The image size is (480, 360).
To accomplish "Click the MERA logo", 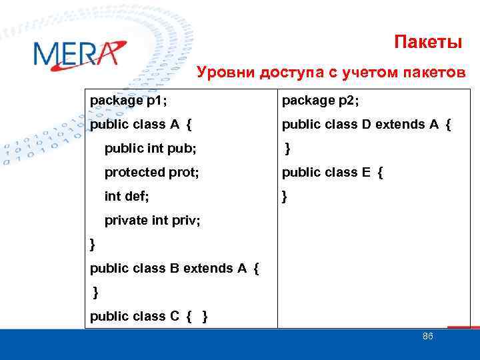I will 77,55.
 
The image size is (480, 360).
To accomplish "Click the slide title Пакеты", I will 427,43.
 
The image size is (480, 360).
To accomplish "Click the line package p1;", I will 129,101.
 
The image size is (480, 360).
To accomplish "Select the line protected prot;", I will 152,172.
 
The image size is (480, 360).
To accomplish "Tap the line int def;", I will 127,196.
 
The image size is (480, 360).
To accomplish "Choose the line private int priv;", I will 152,220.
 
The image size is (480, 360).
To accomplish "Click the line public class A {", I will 141,125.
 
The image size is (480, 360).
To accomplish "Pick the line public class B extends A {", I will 174,269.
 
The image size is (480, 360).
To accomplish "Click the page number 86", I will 428,337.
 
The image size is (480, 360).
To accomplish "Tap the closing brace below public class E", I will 285,197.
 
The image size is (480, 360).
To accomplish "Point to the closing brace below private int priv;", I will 93,245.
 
